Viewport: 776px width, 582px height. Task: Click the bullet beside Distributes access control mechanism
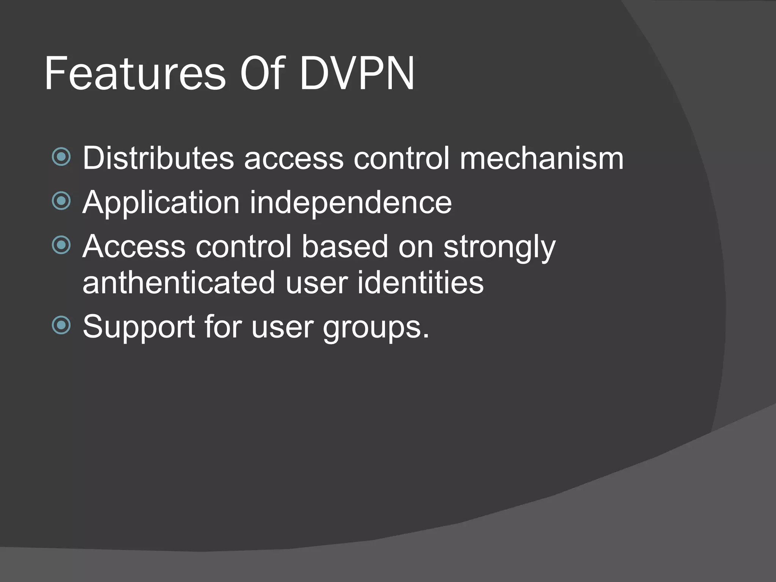(61, 156)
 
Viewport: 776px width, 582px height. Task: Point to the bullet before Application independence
(61, 200)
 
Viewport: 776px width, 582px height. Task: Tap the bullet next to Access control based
(61, 245)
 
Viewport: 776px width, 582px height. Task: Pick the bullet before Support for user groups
(61, 325)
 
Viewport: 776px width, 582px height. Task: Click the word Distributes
(158, 158)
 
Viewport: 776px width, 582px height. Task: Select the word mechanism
(541, 158)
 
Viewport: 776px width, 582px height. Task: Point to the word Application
(161, 203)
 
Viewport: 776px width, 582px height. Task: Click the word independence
(350, 203)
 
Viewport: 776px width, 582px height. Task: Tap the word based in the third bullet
(345, 247)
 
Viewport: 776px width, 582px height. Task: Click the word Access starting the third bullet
(134, 247)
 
